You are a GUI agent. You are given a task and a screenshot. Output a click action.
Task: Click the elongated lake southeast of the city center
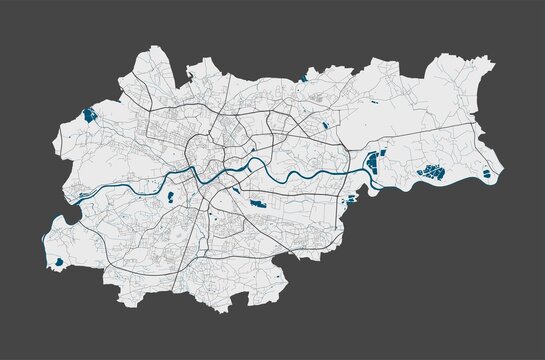tap(257, 204)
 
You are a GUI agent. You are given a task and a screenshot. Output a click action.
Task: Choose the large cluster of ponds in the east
tap(432, 172)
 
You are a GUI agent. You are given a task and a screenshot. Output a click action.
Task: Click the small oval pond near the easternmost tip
tap(487, 174)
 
